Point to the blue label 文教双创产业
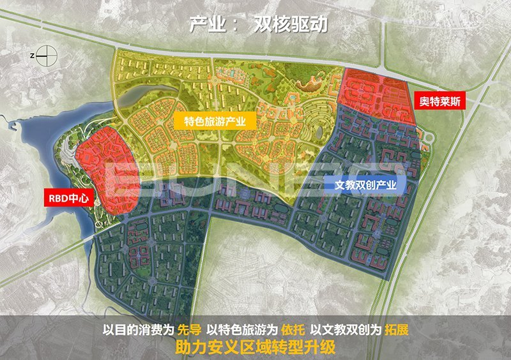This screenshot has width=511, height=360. (366, 186)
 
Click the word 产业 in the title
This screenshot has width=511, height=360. (205, 24)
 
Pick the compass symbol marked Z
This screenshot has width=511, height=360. (43, 57)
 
